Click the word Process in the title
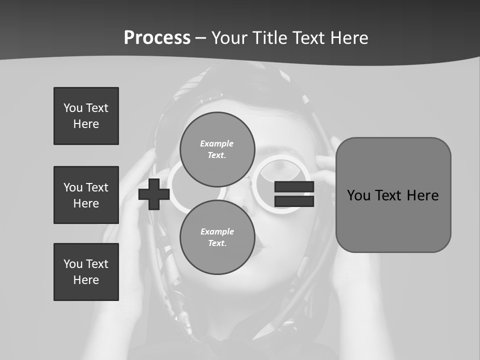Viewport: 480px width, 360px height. point(157,38)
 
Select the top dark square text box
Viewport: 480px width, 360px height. point(86,116)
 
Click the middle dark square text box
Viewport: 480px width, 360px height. point(86,195)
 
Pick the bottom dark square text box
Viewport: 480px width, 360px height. point(86,272)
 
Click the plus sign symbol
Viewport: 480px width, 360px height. point(154,194)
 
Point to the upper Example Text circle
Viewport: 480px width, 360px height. point(217,149)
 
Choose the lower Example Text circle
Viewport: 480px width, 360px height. point(217,237)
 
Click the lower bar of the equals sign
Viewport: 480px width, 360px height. point(294,201)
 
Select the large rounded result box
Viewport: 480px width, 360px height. point(393,195)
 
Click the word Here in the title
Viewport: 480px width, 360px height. point(350,38)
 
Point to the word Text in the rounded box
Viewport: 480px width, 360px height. point(391,195)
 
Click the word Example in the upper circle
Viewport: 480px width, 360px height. point(216,143)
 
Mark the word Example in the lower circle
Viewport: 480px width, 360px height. point(217,231)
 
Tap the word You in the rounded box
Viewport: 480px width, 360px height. point(359,195)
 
